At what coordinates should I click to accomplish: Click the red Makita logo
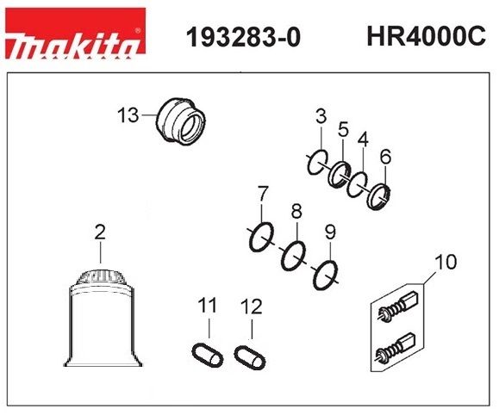[76, 34]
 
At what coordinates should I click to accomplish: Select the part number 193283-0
[243, 38]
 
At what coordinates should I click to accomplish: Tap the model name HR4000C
[426, 36]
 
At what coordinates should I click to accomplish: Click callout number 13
[128, 115]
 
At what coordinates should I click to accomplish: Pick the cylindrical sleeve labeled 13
[180, 121]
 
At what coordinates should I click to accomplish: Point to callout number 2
[100, 232]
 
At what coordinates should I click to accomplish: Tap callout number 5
[343, 129]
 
